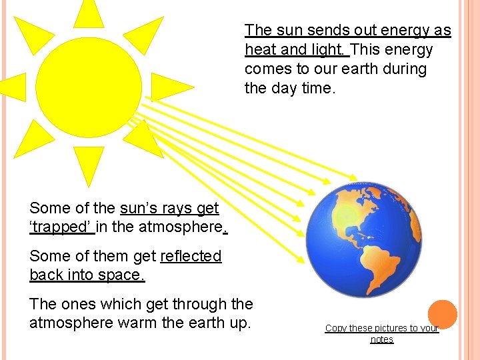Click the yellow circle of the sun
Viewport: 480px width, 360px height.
tap(88, 73)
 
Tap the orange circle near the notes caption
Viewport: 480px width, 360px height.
tap(442, 314)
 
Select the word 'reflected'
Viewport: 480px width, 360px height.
tap(191, 256)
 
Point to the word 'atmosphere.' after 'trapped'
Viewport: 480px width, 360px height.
tap(183, 227)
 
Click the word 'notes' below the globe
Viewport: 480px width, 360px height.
tap(382, 339)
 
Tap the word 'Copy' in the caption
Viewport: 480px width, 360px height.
tap(336, 328)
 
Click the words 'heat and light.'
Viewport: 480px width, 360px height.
tap(297, 50)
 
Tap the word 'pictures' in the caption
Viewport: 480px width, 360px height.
tap(388, 328)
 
